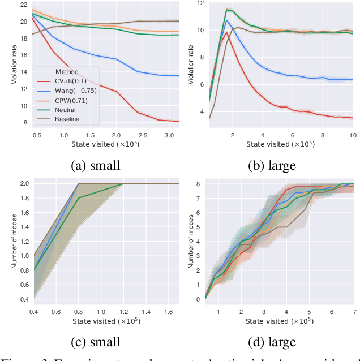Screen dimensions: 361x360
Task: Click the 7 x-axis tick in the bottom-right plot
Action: [354, 312]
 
